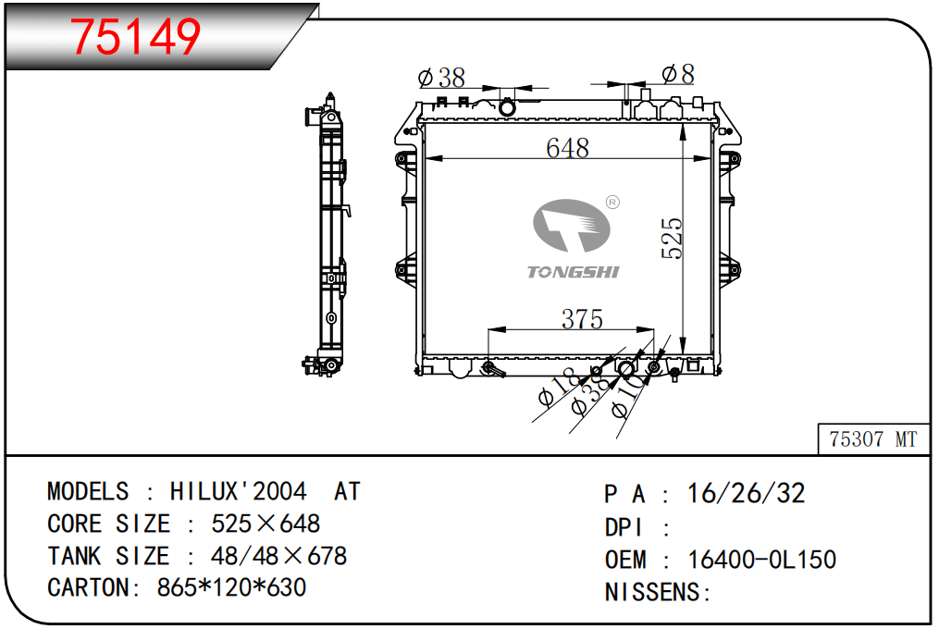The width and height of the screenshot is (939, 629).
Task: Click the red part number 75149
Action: (135, 37)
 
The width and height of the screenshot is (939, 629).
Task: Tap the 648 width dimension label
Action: (567, 148)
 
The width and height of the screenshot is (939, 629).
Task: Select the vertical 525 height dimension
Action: (672, 239)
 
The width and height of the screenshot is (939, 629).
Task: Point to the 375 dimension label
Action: (582, 319)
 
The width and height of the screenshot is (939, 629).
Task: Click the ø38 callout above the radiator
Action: (441, 78)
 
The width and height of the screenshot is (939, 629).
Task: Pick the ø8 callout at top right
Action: (678, 74)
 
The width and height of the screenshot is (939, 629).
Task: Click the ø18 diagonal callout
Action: (558, 388)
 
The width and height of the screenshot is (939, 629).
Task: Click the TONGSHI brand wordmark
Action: (573, 273)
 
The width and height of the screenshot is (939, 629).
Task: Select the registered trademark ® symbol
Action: (612, 203)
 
